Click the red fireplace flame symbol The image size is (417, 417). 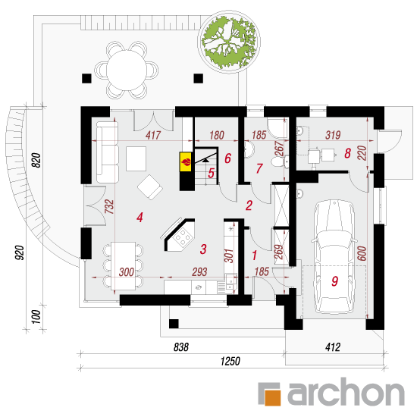coord(186,161)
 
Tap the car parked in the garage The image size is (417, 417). coord(334,256)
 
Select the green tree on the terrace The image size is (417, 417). coord(229,41)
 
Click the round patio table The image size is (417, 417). coord(127,71)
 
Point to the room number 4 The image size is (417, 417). coord(140,218)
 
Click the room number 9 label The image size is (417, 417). coord(334,281)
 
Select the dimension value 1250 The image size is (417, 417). coord(230,361)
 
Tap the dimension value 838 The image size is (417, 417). coord(181,347)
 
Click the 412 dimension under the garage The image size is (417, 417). coord(333,347)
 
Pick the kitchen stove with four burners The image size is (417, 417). coord(182,236)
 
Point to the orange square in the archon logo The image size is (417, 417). coord(273,398)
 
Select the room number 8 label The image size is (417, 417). coord(347,153)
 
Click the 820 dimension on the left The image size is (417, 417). coord(37,160)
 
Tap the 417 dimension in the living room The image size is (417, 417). coord(153,136)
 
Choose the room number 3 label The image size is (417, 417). coord(203,249)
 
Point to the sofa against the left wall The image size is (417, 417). coord(107,152)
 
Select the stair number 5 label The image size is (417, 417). coord(211,173)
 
